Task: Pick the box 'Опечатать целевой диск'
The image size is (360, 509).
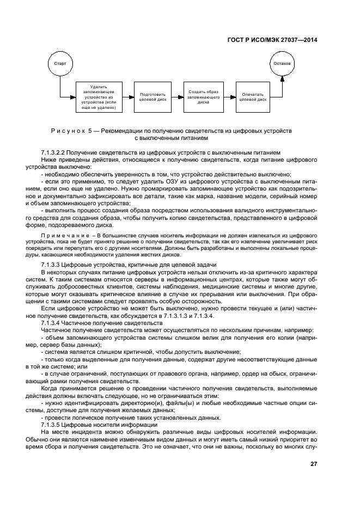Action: coord(253,97)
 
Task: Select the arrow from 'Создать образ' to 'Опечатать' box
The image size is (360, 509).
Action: coord(229,97)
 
